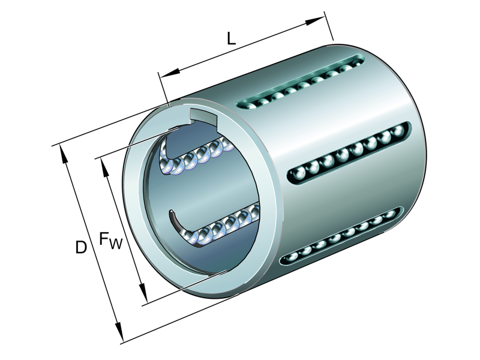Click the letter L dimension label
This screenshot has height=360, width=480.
[231, 39]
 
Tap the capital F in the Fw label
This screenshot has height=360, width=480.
[105, 239]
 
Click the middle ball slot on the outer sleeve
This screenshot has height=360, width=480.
[348, 154]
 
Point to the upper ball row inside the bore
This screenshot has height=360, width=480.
[198, 156]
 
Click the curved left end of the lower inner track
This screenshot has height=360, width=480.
[175, 219]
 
